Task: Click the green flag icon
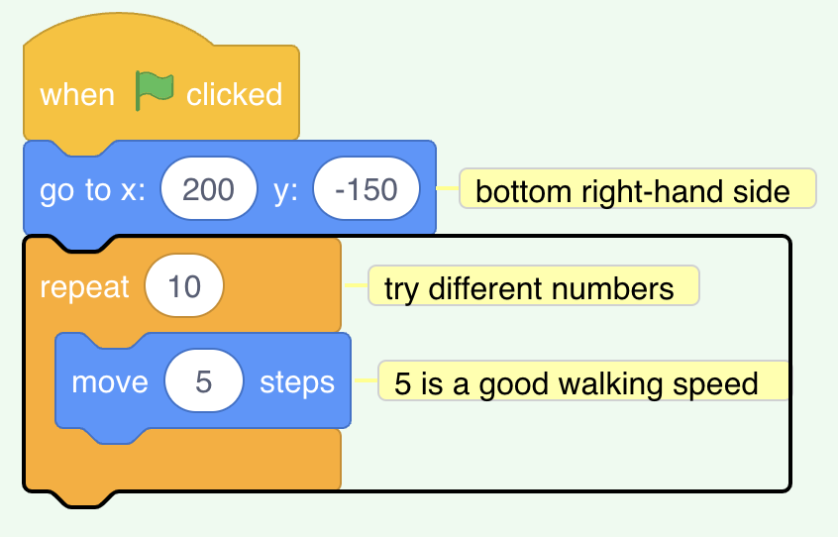[155, 91]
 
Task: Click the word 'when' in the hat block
[77, 95]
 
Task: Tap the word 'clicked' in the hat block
[234, 94]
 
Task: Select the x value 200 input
[209, 188]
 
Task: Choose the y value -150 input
[367, 188]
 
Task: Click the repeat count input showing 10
[184, 286]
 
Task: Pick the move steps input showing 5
[204, 381]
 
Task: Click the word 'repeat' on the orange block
[84, 288]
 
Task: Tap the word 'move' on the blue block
[110, 382]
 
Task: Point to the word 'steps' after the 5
[297, 383]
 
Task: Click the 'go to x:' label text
[92, 190]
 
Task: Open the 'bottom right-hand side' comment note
[638, 188]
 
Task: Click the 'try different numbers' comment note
[533, 286]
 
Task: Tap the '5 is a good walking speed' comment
[583, 381]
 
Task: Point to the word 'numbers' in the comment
[612, 288]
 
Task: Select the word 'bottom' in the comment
[524, 192]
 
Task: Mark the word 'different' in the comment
[487, 288]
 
